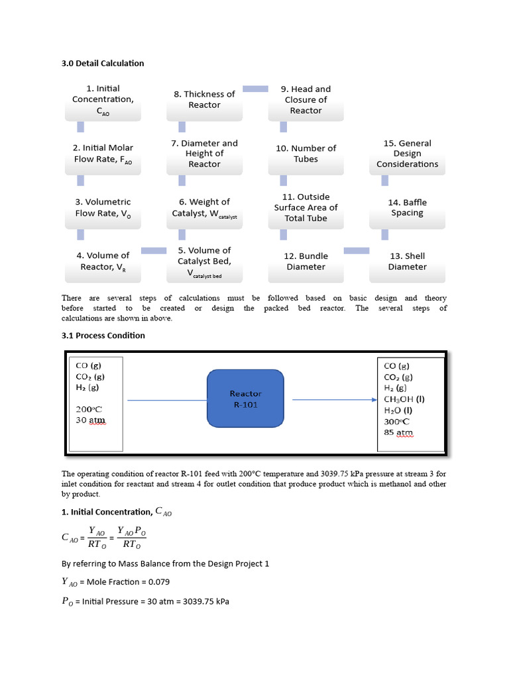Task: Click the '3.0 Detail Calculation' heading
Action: [x=103, y=63]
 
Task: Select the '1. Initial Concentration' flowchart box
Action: [x=103, y=100]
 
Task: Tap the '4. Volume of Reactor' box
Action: [x=103, y=261]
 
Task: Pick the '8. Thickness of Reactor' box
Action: [x=204, y=100]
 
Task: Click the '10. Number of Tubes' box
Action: [x=306, y=154]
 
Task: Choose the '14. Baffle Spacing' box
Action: [x=407, y=207]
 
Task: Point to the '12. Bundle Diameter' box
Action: [x=306, y=261]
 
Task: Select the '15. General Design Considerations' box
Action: [x=407, y=154]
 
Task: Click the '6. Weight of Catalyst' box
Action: [x=204, y=207]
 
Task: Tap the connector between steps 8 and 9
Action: [x=255, y=88]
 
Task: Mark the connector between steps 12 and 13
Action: [x=357, y=250]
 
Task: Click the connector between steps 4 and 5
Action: [x=154, y=250]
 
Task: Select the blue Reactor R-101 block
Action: [x=246, y=399]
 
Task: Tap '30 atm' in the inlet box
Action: [x=91, y=420]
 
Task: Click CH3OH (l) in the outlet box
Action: [x=404, y=399]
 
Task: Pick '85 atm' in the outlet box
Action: [x=398, y=433]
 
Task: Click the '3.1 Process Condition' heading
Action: [x=103, y=335]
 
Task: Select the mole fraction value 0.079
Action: [x=152, y=581]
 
